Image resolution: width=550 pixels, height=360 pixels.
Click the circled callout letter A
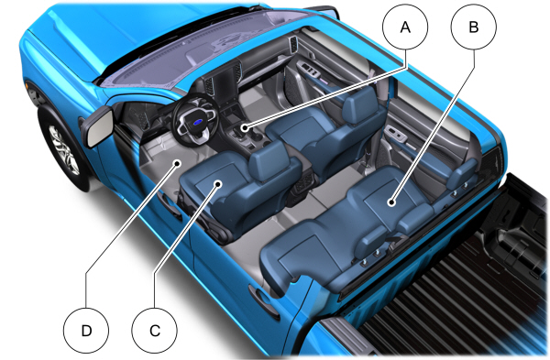click(405, 27)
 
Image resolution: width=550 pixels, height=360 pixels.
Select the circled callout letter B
click(474, 27)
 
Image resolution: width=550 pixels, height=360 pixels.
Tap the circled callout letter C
click(155, 331)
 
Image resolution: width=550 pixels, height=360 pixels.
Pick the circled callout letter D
click(86, 331)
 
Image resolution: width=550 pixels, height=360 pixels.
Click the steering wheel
click(194, 120)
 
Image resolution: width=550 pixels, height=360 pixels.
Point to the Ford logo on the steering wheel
click(197, 123)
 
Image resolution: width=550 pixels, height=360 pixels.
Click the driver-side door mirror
click(98, 125)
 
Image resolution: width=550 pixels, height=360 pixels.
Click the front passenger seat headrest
click(360, 104)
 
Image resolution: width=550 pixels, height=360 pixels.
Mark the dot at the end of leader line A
click(244, 127)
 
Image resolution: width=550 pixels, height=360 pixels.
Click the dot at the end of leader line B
click(391, 202)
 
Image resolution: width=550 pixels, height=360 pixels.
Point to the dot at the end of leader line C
click(218, 184)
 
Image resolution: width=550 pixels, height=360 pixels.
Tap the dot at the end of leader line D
click(178, 163)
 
